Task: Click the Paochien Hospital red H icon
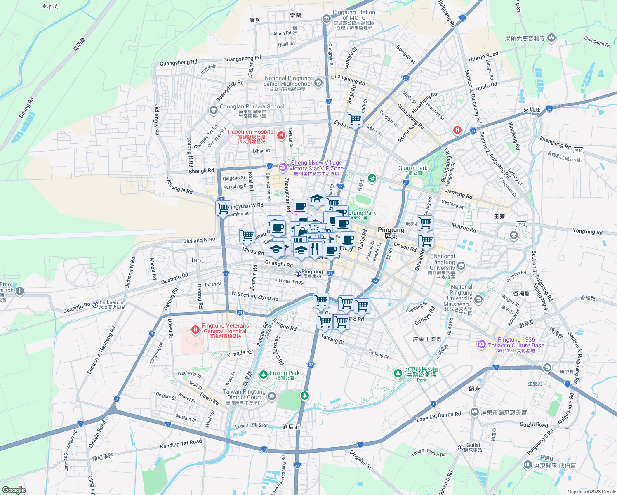(x=281, y=135)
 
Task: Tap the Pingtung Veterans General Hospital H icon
(x=195, y=329)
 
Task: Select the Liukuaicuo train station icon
(x=95, y=305)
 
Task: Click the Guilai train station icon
(x=461, y=448)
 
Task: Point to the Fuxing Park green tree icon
(x=264, y=375)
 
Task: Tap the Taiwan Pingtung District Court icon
(x=271, y=397)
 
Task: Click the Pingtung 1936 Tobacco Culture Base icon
(x=481, y=344)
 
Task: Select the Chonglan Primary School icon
(x=213, y=110)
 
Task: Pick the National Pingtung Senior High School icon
(x=318, y=83)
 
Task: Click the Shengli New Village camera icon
(x=283, y=167)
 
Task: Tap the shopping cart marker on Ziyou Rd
(x=355, y=120)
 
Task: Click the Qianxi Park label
(x=413, y=168)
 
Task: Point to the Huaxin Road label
(x=483, y=57)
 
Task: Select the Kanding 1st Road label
(x=181, y=444)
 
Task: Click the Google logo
(x=14, y=490)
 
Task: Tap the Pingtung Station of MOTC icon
(x=327, y=19)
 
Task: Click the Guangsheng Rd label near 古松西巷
(x=178, y=63)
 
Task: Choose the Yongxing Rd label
(x=587, y=231)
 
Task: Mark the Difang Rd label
(x=26, y=108)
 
